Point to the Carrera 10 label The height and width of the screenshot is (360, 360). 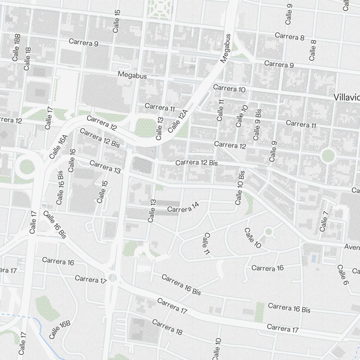coord(229,88)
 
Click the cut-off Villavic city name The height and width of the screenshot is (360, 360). coord(346,97)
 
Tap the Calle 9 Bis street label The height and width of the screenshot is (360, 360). coord(257,124)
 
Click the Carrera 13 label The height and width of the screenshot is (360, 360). coord(105,167)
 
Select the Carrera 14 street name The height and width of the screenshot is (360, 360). coord(183,208)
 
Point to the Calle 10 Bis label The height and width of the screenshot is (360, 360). coord(240,188)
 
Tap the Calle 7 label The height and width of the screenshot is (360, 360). coord(324,221)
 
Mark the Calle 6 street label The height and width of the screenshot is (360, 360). coord(343,275)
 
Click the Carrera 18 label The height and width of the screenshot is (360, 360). coord(167,327)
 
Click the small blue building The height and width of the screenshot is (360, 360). coord(314,258)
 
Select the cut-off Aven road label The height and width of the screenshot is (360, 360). coord(352,247)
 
